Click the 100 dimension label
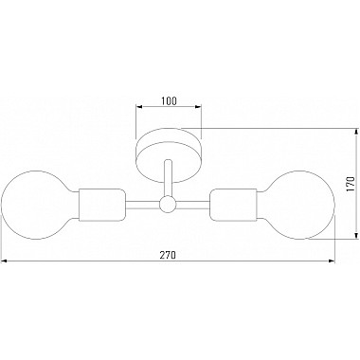169,100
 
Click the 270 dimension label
167,255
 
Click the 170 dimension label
350,185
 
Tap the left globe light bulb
39,205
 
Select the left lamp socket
102,205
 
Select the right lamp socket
233,205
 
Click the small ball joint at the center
168,204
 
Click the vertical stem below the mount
168,178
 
